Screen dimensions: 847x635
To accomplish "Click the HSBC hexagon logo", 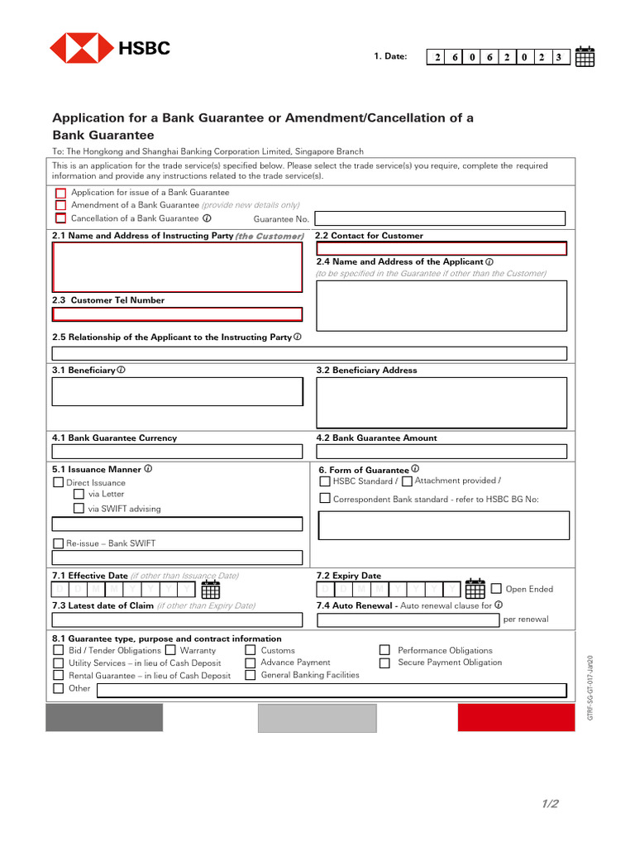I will [82, 48].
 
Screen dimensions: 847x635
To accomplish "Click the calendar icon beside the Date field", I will [585, 56].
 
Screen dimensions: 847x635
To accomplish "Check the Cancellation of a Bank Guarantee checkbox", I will [60, 218].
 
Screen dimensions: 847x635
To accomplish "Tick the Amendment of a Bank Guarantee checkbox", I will [60, 205].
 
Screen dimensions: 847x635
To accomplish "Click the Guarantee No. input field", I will [439, 218].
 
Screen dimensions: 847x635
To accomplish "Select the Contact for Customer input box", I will [442, 248].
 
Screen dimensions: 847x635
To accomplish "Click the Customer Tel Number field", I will [177, 314].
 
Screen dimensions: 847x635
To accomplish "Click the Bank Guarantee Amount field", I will [442, 452].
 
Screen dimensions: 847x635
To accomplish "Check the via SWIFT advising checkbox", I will [79, 509].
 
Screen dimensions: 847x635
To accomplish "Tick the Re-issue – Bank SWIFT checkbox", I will [59, 543].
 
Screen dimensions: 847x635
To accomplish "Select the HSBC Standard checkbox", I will [325, 481].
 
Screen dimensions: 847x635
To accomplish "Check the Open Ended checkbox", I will [496, 589].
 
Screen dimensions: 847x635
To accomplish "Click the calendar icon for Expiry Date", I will [475, 589].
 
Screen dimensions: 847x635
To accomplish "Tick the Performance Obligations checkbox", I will [384, 650].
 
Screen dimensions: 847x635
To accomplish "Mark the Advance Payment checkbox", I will [250, 663].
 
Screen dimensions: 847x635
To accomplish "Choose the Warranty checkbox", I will [170, 650].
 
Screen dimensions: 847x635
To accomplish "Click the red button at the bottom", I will [516, 718].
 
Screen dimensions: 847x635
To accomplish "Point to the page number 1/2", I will [551, 804].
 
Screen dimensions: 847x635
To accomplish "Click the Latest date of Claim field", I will [177, 620].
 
